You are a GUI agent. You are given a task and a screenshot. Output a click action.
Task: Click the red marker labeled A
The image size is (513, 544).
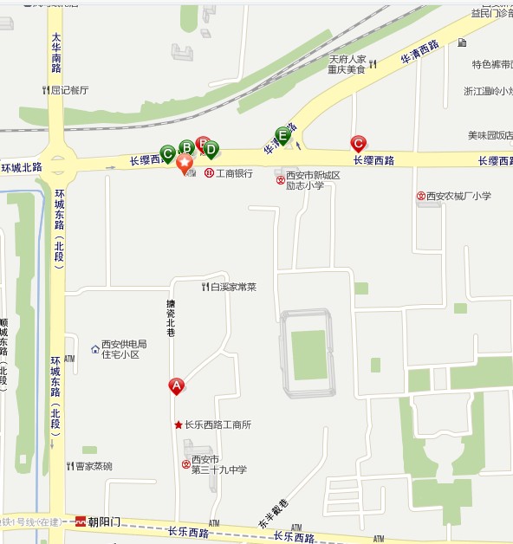tap(176, 385)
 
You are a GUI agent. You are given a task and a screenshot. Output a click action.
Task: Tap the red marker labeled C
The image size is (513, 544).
tap(357, 143)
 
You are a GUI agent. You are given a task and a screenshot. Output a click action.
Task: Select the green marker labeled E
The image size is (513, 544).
tap(282, 134)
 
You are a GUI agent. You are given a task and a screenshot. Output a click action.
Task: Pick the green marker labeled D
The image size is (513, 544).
tap(211, 149)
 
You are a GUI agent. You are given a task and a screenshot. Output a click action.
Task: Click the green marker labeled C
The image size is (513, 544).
tap(168, 152)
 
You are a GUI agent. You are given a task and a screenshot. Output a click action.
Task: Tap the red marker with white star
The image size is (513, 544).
tap(185, 163)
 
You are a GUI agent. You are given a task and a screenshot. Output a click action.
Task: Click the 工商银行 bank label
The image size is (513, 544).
tap(234, 173)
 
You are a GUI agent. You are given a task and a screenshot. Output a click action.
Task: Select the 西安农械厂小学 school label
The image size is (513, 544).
tap(458, 196)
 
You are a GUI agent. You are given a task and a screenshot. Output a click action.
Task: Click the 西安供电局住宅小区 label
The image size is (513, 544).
tap(124, 349)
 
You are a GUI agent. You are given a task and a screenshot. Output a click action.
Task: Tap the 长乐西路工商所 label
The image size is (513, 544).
tap(217, 425)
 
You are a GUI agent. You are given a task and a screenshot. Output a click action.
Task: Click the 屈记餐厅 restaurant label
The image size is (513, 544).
tap(69, 89)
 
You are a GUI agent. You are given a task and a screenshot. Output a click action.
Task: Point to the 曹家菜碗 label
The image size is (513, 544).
tap(94, 466)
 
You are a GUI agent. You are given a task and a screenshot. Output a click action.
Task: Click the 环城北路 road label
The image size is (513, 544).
tap(21, 167)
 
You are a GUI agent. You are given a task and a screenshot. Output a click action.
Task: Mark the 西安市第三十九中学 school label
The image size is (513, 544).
tap(218, 464)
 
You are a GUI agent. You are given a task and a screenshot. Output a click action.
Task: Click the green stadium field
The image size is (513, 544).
tap(308, 354)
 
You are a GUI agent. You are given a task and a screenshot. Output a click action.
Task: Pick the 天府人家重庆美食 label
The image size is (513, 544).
tap(347, 64)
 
